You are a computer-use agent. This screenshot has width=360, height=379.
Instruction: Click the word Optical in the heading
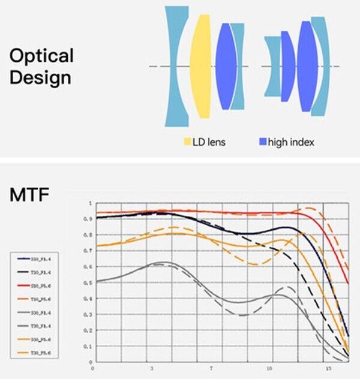pyautogui.click(x=41, y=56)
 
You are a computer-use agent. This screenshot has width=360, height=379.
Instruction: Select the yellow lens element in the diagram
pyautogui.click(x=200, y=66)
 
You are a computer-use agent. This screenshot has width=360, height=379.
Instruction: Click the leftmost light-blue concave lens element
pyautogui.click(x=175, y=66)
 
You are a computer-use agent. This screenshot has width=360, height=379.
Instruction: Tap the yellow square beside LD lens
pyautogui.click(x=187, y=142)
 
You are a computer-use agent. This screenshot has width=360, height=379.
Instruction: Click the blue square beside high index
pyautogui.click(x=262, y=142)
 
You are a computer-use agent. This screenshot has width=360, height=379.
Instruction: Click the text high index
pyautogui.click(x=292, y=142)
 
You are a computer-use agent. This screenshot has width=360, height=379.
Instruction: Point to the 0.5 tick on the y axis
pyautogui.click(x=91, y=282)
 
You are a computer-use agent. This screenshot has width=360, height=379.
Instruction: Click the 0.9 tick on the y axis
pyautogui.click(x=91, y=219)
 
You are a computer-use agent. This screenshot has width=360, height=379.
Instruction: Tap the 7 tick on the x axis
pyautogui.click(x=211, y=368)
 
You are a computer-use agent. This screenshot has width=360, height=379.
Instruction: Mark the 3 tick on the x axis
pyautogui.click(x=151, y=368)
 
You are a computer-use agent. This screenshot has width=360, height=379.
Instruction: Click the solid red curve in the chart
pyautogui.click(x=240, y=212)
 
